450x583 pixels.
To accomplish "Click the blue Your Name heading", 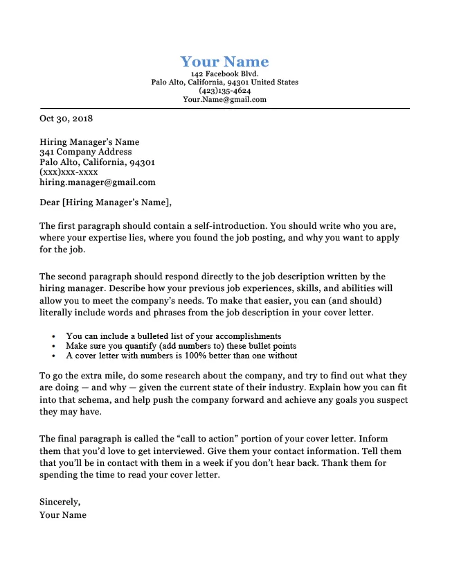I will click(224, 61).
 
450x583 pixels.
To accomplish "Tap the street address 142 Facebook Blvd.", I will click(224, 73).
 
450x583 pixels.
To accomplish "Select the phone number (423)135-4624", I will click(224, 91).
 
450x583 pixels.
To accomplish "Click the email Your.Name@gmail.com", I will click(224, 100).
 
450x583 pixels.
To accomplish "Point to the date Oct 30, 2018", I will click(66, 119).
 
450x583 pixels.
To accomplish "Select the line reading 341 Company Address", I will click(85, 152).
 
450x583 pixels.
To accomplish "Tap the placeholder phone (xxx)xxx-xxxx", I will click(69, 172).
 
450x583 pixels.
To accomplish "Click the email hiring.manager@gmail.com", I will click(98, 182).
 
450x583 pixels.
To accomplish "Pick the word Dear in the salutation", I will click(50, 203).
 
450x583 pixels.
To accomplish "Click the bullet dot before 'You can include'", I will click(54, 336).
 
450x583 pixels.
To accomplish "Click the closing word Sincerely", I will click(60, 501).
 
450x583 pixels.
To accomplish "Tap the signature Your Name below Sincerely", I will click(63, 515).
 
